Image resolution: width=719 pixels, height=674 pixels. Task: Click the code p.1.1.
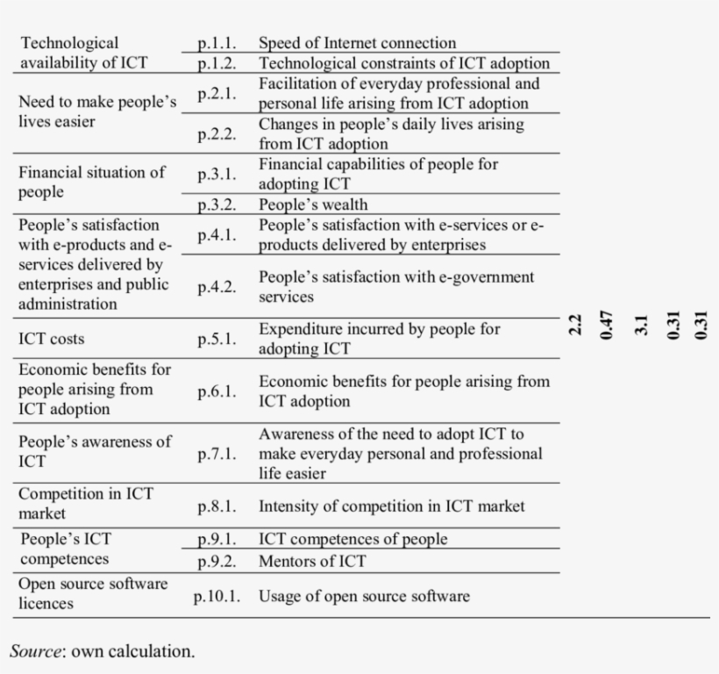coord(217,43)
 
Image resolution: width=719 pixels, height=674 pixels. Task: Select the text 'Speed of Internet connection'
coord(357,43)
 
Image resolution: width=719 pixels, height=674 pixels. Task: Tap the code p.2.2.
coord(217,134)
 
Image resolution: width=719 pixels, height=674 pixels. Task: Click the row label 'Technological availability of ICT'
coord(82,53)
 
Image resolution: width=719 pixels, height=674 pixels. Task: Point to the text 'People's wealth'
coord(313,204)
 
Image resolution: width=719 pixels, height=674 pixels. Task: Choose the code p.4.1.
coord(217,235)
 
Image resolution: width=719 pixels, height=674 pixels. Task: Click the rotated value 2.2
coord(575,325)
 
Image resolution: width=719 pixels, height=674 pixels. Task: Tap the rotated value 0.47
coord(605,325)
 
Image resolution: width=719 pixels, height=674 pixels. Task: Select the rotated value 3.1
coord(641,325)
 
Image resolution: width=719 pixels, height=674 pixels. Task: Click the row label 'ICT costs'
coord(52,339)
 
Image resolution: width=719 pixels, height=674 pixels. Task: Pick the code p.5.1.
coord(217,339)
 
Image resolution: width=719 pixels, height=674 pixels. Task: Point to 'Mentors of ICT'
coord(312,561)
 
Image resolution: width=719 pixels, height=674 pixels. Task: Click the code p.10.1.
coord(217,597)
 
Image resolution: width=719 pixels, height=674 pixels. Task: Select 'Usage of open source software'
coord(364,597)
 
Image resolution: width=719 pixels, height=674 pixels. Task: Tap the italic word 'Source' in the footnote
coord(36,651)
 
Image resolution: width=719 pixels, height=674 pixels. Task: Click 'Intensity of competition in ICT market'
coord(391,506)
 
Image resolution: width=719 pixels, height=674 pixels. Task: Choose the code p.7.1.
coord(217,454)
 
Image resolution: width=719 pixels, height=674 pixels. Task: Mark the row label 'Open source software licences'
coord(92,593)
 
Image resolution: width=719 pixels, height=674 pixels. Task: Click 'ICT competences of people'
coord(352,539)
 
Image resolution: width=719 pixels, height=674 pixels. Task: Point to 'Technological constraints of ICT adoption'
coord(404,63)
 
